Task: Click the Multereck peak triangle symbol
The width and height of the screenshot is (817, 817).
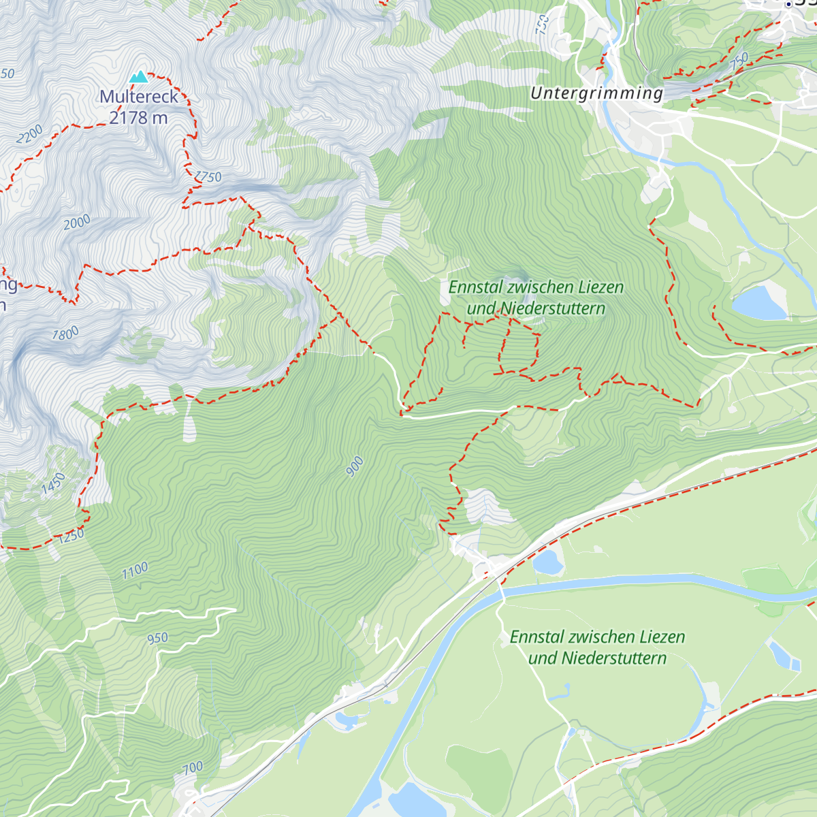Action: tap(139, 76)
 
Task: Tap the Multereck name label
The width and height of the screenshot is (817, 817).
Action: tap(139, 97)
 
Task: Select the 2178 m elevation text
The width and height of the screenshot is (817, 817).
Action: tap(139, 118)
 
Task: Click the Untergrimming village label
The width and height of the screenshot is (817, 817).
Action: tap(596, 93)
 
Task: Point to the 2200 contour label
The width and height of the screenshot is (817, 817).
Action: tap(29, 133)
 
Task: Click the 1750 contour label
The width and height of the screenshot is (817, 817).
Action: tap(208, 177)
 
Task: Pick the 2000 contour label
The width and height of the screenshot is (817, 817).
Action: tap(77, 222)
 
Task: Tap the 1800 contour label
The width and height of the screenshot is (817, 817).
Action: tap(65, 334)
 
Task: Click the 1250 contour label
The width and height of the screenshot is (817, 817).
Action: tap(71, 536)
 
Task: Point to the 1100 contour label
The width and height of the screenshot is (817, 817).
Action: tap(135, 571)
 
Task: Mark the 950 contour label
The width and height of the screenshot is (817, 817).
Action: tap(157, 638)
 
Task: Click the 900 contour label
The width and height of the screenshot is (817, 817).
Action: tap(355, 467)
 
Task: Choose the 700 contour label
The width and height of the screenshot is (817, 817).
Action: tap(193, 768)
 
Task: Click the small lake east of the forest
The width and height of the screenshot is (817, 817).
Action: tap(758, 304)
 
